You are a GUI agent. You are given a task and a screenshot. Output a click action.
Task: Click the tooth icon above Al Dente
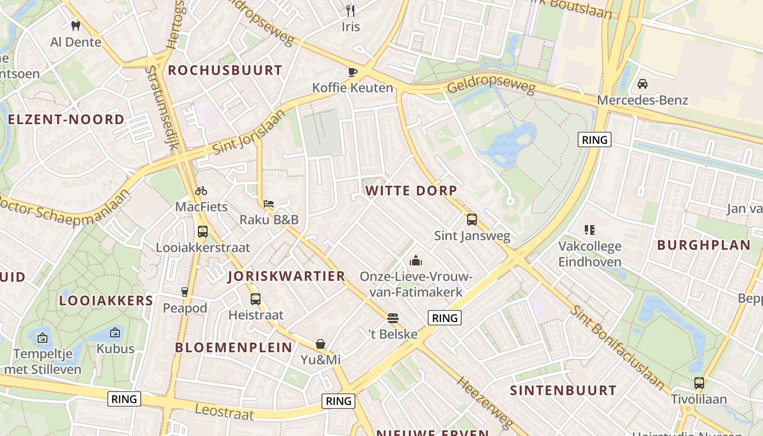76,25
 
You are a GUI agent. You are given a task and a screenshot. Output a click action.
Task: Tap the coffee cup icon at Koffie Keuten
352,71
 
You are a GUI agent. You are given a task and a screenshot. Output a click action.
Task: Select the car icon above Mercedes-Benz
642,84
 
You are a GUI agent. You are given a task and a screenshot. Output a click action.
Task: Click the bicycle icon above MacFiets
201,191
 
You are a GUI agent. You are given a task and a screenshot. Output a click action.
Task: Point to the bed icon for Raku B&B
269,204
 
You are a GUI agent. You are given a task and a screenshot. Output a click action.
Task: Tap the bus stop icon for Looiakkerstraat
203,231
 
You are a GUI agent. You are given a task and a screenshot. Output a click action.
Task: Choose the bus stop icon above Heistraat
256,299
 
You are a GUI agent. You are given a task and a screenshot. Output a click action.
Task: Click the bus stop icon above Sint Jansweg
472,220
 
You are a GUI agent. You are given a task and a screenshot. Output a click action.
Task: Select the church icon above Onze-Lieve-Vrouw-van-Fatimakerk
416,261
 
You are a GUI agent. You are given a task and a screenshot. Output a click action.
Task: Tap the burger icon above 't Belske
393,318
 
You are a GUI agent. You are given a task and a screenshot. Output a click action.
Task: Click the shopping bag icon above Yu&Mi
320,344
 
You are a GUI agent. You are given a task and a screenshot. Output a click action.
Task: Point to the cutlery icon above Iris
351,10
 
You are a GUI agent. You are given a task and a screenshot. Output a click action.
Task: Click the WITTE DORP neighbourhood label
411,190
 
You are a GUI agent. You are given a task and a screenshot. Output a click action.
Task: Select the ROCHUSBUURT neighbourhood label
225,70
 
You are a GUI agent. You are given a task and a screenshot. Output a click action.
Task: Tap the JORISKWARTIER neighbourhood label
287,276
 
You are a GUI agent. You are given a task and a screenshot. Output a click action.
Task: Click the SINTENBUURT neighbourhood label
563,390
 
